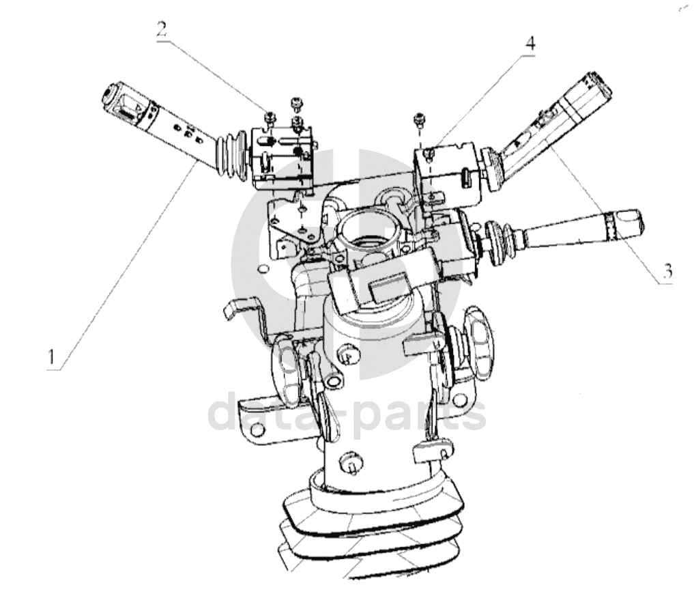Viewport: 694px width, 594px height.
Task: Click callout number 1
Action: click(x=53, y=356)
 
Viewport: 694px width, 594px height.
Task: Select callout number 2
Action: click(x=162, y=29)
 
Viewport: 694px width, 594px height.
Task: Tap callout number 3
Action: click(x=667, y=271)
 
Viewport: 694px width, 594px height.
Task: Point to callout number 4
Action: click(x=530, y=44)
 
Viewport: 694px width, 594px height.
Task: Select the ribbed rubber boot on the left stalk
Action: click(x=231, y=156)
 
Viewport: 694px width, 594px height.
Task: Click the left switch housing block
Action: click(x=283, y=158)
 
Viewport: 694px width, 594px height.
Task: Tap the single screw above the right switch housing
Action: click(x=419, y=119)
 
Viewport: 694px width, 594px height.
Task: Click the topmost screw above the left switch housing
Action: click(x=295, y=103)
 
